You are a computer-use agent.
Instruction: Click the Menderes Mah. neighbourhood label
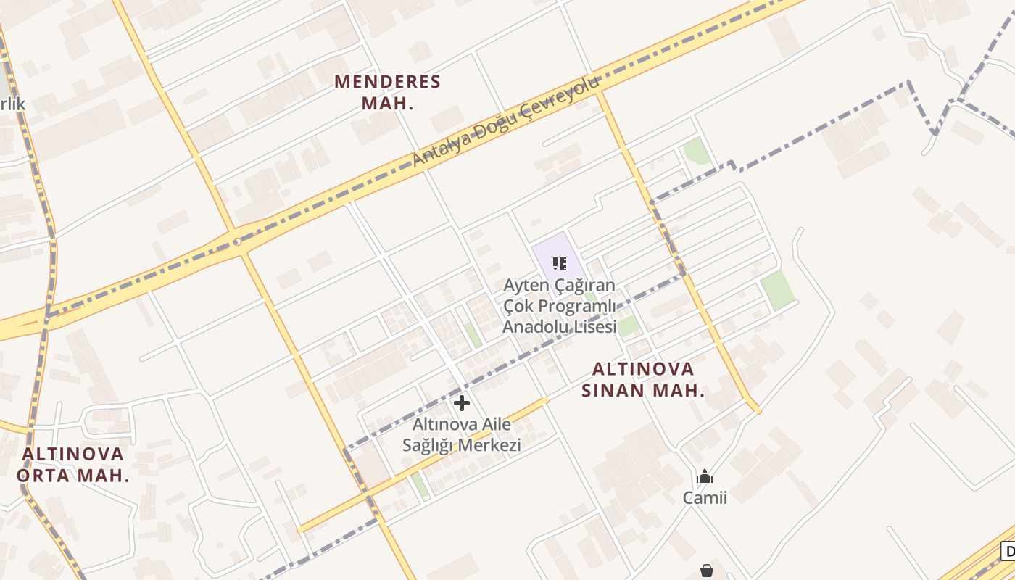point(387,92)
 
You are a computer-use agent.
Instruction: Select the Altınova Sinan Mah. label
point(643,379)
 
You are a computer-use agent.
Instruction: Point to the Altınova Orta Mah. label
point(72,465)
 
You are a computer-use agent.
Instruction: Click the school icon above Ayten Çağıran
point(559,263)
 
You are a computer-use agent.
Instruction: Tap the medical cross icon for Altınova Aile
point(462,403)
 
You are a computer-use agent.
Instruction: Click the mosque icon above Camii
point(704,476)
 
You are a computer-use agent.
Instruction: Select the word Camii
point(704,497)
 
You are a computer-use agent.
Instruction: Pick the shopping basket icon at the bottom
point(707,571)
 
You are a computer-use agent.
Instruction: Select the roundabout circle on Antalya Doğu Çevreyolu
point(237,241)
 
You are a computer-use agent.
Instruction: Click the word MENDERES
point(387,81)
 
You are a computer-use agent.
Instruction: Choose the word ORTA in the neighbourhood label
point(44,476)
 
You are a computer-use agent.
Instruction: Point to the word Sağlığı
point(428,445)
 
